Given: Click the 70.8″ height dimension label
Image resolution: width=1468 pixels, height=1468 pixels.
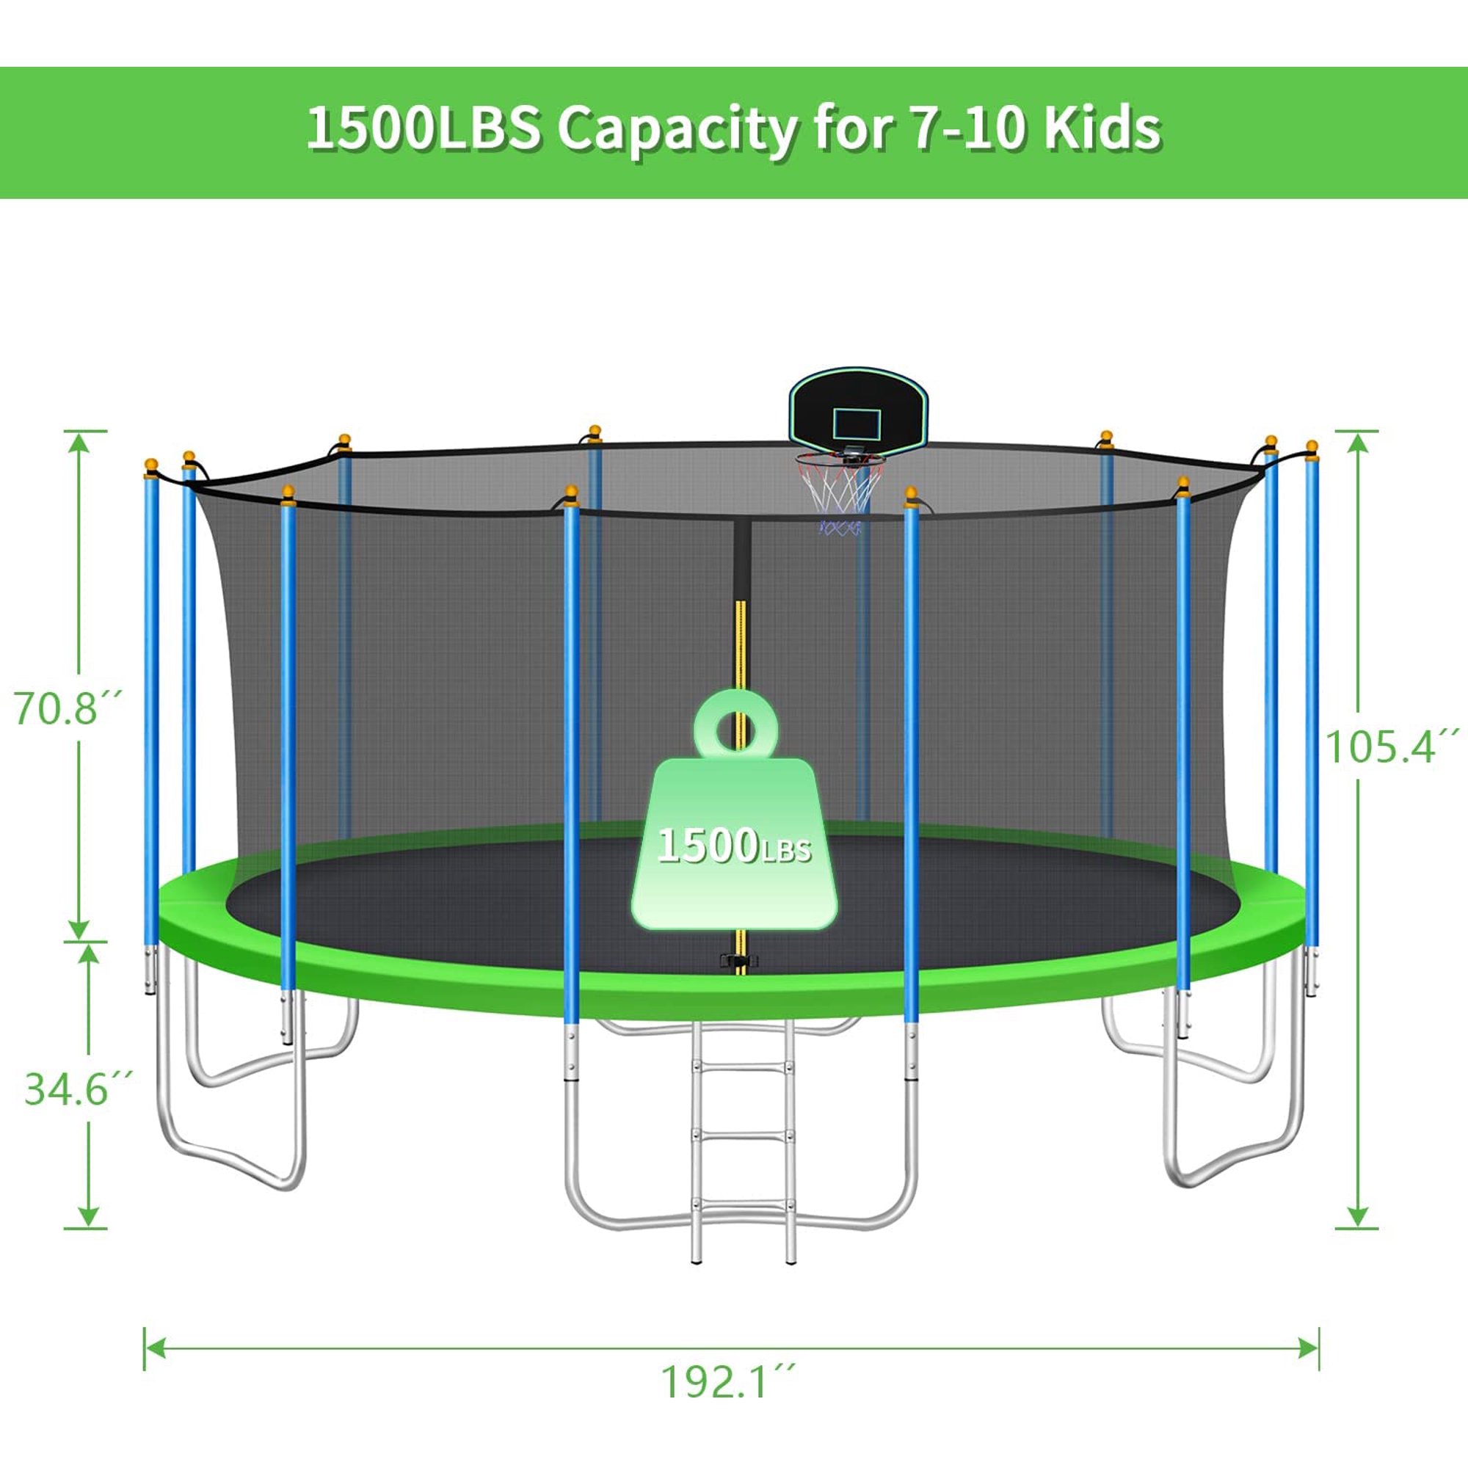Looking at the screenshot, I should point(67,708).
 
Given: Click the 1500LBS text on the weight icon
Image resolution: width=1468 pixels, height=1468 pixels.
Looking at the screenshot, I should point(734,846).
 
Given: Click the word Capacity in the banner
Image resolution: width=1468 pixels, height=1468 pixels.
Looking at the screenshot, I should point(677,129).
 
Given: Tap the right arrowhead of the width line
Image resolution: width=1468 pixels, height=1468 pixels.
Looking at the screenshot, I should point(1309,1348).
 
